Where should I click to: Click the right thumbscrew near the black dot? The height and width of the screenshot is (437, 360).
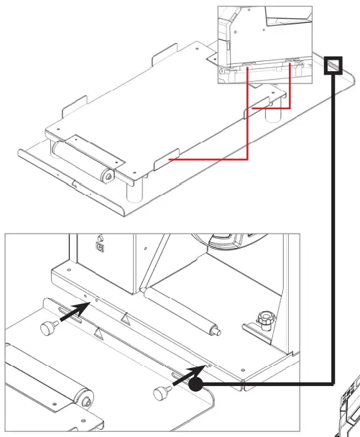pos(162,392)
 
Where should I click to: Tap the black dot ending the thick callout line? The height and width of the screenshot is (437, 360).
pos(195,385)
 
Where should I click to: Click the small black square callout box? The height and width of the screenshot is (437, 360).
pos(333,65)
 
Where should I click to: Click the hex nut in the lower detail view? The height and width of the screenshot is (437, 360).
pos(263,317)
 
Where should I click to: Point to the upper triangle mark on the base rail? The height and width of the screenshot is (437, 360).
pos(126,317)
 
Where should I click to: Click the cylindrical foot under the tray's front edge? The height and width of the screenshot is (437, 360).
pos(133,192)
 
